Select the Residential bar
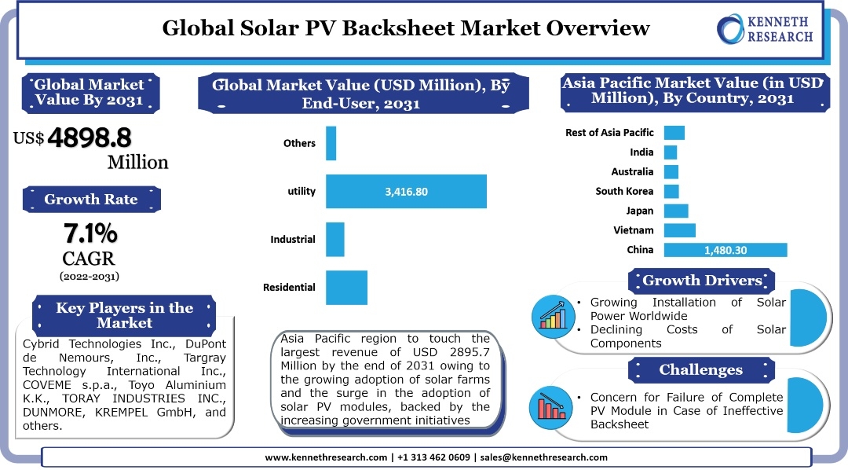346,287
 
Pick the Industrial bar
334,239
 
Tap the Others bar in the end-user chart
331,143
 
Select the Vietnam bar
679,230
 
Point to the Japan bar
675,211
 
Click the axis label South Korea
624,191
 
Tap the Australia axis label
632,171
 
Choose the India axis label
641,152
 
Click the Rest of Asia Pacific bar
674,133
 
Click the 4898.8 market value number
89,138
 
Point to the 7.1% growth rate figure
90,233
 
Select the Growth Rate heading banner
91,200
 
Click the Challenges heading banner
700,369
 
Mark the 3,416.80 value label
406,191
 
